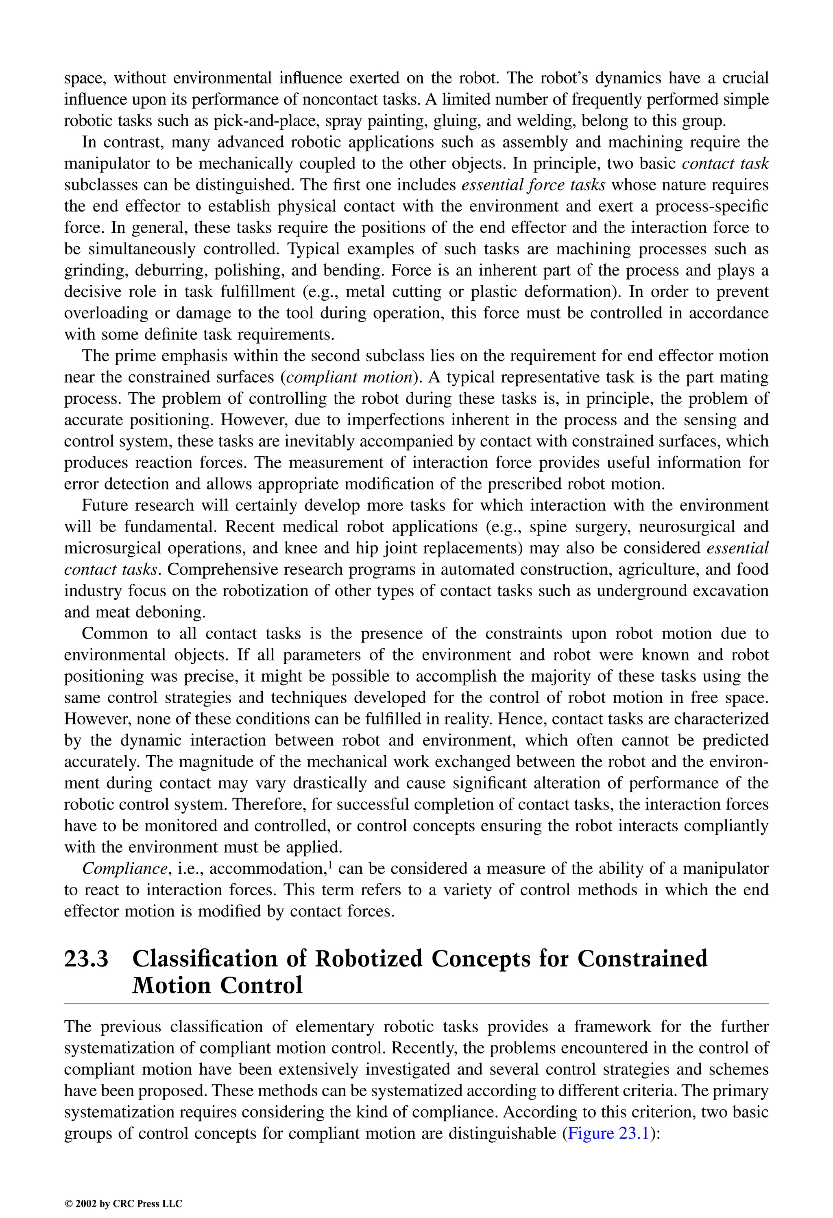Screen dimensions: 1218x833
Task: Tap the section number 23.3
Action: (x=87, y=959)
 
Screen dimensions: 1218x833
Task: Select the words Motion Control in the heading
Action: (x=218, y=985)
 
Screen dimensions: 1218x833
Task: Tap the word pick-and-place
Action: (x=267, y=121)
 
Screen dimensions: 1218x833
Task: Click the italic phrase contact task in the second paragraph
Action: (x=725, y=164)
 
